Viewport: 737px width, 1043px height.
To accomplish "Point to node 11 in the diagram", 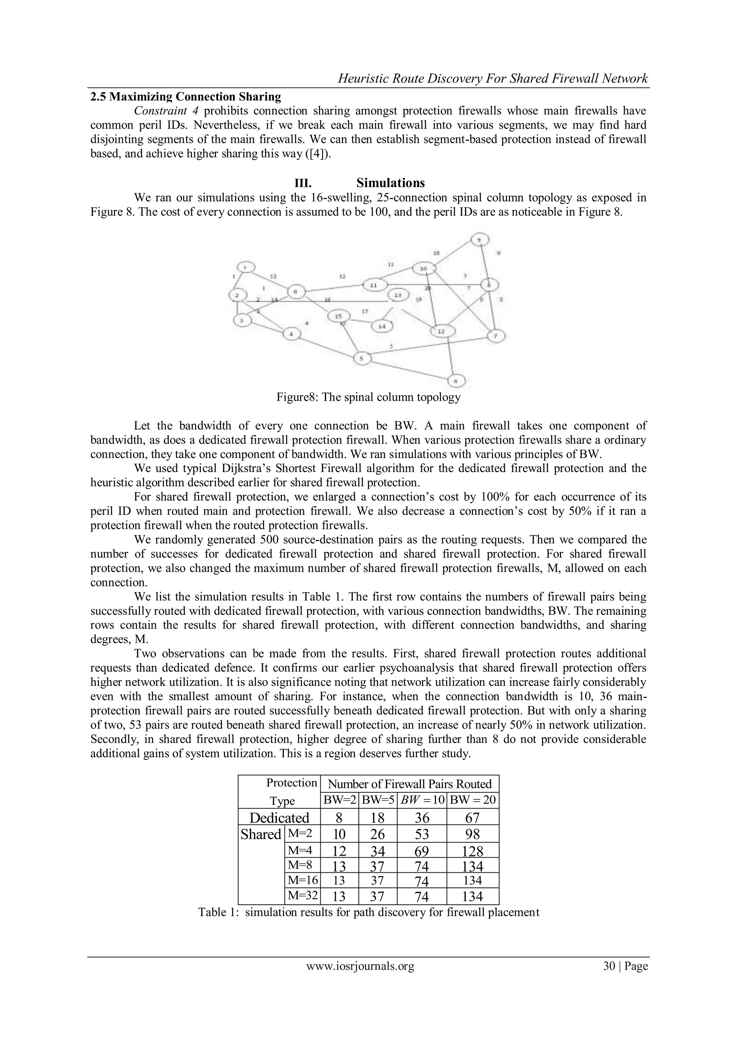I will [x=374, y=285].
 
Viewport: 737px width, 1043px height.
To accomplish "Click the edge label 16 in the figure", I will [x=327, y=300].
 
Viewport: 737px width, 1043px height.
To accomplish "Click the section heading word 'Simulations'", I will [x=390, y=183].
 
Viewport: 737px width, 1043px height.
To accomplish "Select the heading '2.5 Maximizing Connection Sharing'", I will [x=186, y=97].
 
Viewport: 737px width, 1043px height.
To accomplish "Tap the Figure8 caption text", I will [x=368, y=397].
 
